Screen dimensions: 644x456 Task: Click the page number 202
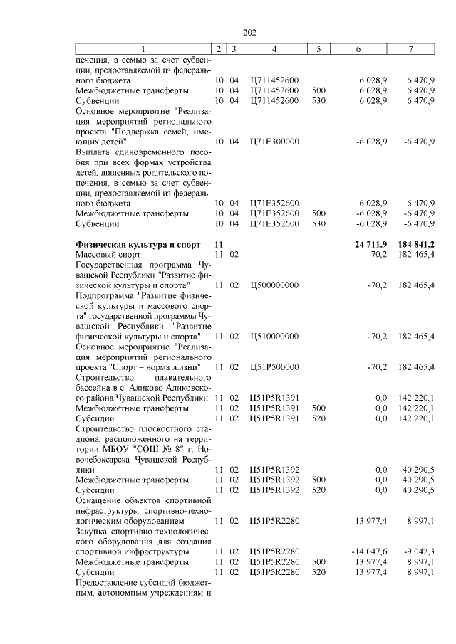click(x=249, y=33)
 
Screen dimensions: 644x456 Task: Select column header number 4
click(x=274, y=49)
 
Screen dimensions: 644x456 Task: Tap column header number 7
click(x=410, y=49)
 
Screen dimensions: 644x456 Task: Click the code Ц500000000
click(x=274, y=285)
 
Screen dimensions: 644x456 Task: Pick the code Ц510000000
click(x=274, y=335)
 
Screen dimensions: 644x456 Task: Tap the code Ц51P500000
click(x=274, y=366)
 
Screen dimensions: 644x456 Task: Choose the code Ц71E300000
click(x=274, y=142)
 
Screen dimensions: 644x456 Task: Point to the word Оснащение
click(x=100, y=501)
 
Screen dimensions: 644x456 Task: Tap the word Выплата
click(x=94, y=152)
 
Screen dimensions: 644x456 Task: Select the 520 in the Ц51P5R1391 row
click(x=318, y=418)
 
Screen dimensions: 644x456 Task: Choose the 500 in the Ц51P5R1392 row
click(x=318, y=480)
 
